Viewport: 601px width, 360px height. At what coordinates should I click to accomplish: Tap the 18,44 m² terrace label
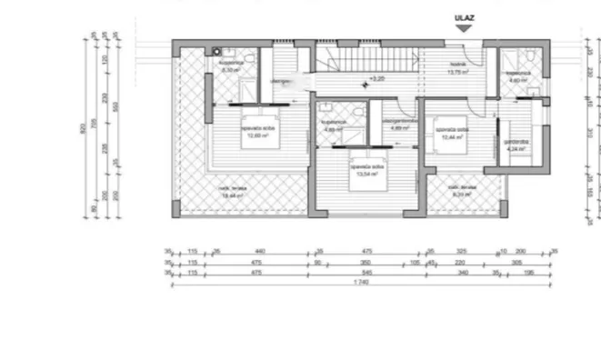[233, 193]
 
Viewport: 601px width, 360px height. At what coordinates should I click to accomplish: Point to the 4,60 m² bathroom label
[518, 77]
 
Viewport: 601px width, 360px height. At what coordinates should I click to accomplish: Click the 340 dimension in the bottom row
[462, 272]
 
